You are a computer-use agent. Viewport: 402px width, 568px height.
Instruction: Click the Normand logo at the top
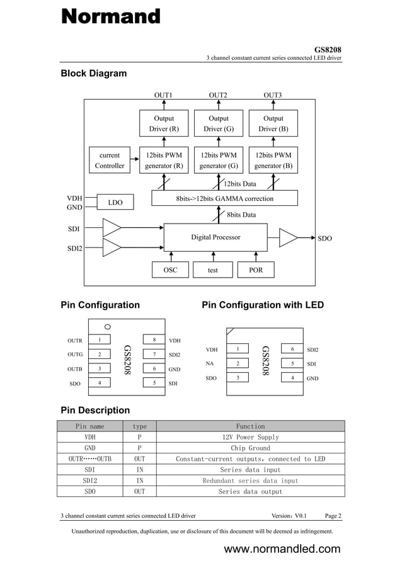(110, 16)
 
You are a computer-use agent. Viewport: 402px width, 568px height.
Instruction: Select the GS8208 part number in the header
(328, 50)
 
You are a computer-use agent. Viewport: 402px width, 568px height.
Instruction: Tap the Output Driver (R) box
(164, 123)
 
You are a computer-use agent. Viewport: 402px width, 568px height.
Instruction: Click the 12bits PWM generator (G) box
(219, 161)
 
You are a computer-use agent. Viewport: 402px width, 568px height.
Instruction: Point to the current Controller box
(110, 161)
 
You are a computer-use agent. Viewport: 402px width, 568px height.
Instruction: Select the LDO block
(115, 202)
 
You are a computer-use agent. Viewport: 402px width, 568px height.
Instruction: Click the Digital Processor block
(215, 237)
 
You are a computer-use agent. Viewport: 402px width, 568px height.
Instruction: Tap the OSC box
(170, 270)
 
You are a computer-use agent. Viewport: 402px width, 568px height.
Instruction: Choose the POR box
(256, 270)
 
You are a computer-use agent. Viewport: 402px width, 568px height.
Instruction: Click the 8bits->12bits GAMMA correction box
(224, 198)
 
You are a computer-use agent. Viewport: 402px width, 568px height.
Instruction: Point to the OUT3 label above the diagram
(272, 95)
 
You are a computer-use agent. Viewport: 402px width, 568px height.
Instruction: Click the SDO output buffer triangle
(288, 238)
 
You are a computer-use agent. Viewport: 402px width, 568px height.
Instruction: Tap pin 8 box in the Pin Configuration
(154, 340)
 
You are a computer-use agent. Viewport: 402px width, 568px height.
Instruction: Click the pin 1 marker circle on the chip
(108, 327)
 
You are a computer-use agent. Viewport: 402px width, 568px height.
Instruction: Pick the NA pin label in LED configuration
(209, 363)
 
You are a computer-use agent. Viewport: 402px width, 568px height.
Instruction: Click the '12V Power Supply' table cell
(250, 437)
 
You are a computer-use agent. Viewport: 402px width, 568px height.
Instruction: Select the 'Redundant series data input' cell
(250, 480)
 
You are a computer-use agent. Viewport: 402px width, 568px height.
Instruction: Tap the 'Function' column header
(250, 426)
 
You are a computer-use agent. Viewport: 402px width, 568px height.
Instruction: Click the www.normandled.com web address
(282, 549)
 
